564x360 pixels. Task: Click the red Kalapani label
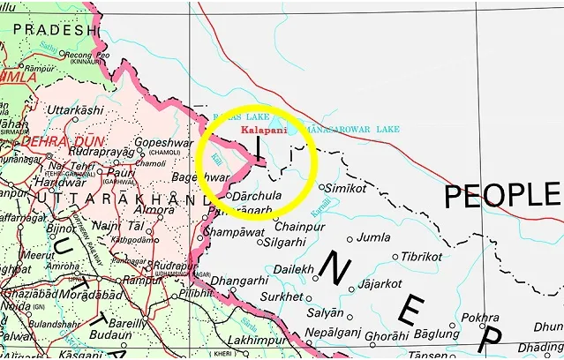coord(263,129)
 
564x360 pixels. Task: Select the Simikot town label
coord(345,189)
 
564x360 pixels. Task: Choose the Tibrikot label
coord(421,256)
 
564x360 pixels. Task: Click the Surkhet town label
coord(284,297)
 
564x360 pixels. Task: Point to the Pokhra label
coord(480,318)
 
